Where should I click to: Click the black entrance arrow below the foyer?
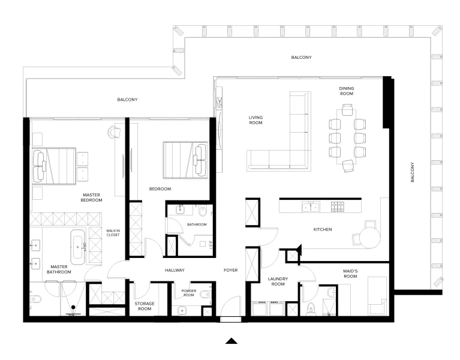pyautogui.click(x=231, y=341)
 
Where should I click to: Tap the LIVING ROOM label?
pyautogui.click(x=256, y=120)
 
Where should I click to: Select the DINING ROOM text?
pyautogui.click(x=347, y=91)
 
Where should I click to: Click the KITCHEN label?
pyautogui.click(x=322, y=229)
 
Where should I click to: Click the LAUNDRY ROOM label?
pyautogui.click(x=278, y=281)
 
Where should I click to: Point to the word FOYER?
pyautogui.click(x=231, y=271)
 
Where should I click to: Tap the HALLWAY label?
pyautogui.click(x=175, y=271)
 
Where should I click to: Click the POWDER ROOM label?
pyautogui.click(x=189, y=293)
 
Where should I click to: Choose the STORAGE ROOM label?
pyautogui.click(x=144, y=307)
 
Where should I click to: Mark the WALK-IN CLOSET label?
pyautogui.click(x=113, y=233)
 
